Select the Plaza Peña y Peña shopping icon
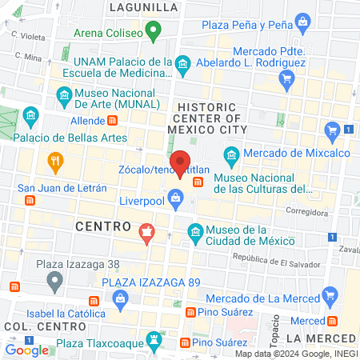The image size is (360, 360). tap(302, 19)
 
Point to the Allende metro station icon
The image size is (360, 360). tap(113, 120)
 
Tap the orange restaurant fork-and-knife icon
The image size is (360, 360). tap(54, 160)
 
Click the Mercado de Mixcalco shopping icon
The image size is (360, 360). tap(334, 130)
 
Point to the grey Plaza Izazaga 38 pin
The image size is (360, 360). tap(54, 280)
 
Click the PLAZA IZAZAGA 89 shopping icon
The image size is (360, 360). tap(121, 298)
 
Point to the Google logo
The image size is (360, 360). tap(26, 350)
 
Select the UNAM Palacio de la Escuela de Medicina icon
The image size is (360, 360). tap(182, 62)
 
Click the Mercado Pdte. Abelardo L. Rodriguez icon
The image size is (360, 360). tap(286, 78)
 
